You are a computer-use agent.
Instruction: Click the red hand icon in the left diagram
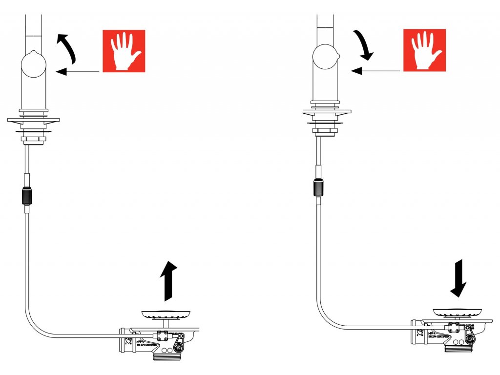pyautogui.click(x=124, y=51)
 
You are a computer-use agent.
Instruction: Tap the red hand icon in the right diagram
pyautogui.click(x=424, y=50)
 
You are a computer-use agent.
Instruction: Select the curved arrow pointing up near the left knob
pyautogui.click(x=67, y=48)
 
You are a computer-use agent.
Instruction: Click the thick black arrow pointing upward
pyautogui.click(x=168, y=281)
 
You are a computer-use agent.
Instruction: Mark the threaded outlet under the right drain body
pyautogui.click(x=458, y=348)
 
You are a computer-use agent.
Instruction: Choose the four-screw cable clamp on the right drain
pyautogui.click(x=454, y=327)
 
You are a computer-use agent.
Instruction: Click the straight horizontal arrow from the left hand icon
pyautogui.click(x=78, y=72)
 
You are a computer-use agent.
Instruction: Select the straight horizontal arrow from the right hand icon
pyautogui.click(x=376, y=71)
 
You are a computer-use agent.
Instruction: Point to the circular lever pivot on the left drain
pyautogui.click(x=179, y=347)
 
